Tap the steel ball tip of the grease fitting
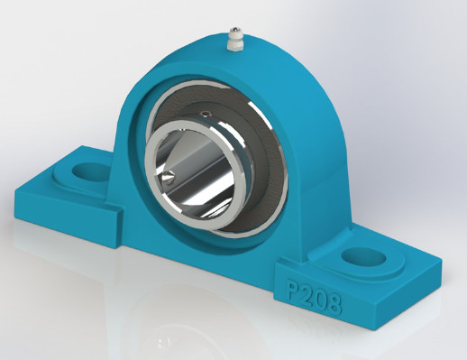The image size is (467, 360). click(233, 30)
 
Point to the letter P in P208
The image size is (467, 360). click(295, 290)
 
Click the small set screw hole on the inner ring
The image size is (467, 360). click(206, 114)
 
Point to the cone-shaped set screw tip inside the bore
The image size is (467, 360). click(168, 177)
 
